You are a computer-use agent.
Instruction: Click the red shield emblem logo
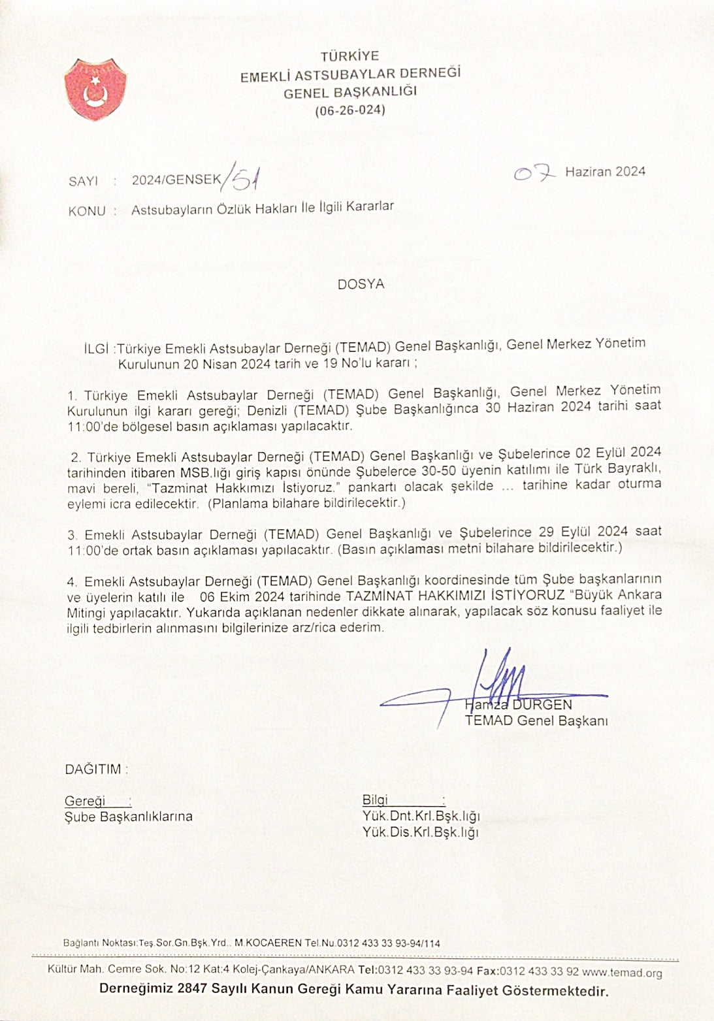[95, 89]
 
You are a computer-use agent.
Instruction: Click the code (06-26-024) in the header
[350, 110]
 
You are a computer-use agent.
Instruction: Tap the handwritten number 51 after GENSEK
[242, 178]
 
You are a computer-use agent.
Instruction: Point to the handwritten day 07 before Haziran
[534, 173]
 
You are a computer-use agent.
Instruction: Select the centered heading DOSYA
[361, 284]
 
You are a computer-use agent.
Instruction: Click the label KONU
[86, 211]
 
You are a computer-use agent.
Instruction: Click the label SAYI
[83, 181]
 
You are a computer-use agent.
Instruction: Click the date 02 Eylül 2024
[618, 453]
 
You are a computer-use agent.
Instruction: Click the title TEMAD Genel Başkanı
[536, 721]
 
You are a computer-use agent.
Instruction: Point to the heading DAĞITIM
[93, 770]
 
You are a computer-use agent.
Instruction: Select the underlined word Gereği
[85, 801]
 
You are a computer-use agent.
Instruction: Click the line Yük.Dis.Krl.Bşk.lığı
[421, 832]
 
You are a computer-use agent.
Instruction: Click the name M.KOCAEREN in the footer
[268, 943]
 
